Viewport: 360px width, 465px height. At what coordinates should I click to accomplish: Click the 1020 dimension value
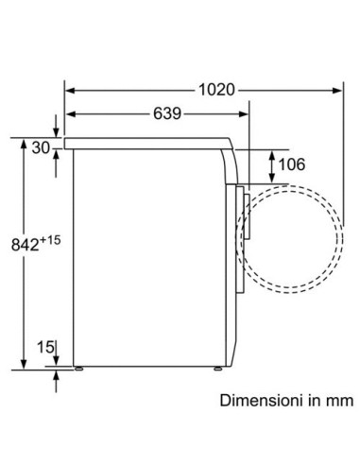point(216,90)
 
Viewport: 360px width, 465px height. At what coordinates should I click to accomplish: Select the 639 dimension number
point(167,113)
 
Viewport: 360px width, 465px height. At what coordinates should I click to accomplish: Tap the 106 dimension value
point(292,164)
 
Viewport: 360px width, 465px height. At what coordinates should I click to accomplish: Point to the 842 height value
point(25,245)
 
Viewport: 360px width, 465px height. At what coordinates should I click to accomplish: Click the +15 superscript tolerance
point(50,240)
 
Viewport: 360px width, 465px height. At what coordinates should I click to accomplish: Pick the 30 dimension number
point(41,147)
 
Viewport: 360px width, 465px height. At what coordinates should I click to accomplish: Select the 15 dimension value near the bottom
point(45,347)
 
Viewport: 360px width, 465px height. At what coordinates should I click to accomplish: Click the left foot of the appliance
point(78,369)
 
